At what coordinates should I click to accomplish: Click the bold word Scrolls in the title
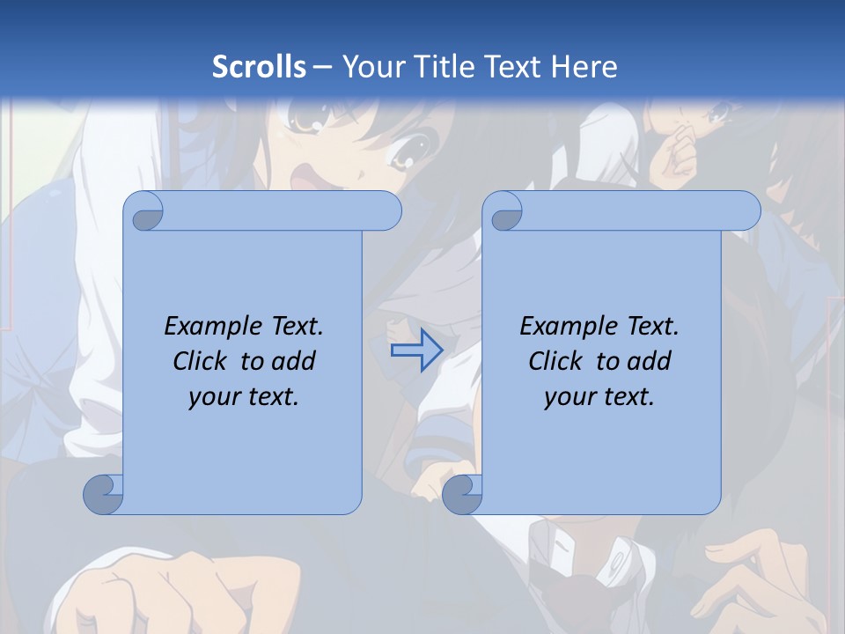point(259,67)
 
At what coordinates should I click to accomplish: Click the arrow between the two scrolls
point(416,351)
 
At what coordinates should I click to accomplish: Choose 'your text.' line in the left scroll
point(244,396)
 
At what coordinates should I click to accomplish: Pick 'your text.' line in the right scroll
point(599,396)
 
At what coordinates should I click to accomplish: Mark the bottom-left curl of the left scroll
point(102,494)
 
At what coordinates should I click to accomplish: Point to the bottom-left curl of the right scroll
point(461,494)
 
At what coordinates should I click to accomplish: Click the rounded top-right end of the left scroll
point(386,210)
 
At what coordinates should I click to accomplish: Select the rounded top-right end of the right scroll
point(746,210)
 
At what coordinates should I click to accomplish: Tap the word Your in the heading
point(371,67)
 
